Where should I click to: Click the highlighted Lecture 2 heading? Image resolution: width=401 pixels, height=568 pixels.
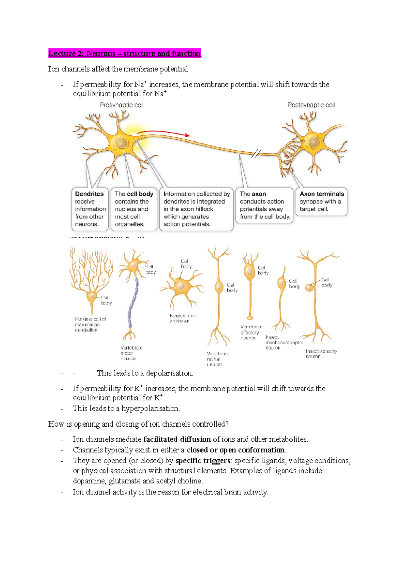coord(125,54)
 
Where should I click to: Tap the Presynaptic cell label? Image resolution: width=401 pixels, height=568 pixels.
coord(122,105)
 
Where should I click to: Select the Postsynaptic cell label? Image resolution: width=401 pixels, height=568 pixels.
coord(311,105)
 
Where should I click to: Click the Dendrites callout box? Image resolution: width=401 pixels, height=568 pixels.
coord(90,209)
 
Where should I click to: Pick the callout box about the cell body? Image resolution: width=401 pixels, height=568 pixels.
coord(134,209)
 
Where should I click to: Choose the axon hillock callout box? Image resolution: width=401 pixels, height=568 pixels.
coord(196,209)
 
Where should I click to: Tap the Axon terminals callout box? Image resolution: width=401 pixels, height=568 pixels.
coord(321,201)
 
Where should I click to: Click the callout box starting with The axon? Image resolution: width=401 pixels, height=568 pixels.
coord(264,205)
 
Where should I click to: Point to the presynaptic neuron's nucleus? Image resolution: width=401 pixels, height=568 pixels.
coord(121,143)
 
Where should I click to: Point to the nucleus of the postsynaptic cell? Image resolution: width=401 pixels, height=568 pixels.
coord(313,142)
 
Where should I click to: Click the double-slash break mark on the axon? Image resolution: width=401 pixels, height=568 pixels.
coord(256,153)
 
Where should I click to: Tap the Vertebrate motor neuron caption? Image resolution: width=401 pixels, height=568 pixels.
coord(131,353)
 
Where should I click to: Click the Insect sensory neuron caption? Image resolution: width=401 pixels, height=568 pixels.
coord(321,354)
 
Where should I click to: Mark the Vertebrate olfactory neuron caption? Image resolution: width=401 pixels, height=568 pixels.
coord(251,332)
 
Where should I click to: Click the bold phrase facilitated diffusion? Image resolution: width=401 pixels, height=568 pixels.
coord(177,439)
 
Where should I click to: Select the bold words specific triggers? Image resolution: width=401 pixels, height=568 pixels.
coord(203,461)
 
